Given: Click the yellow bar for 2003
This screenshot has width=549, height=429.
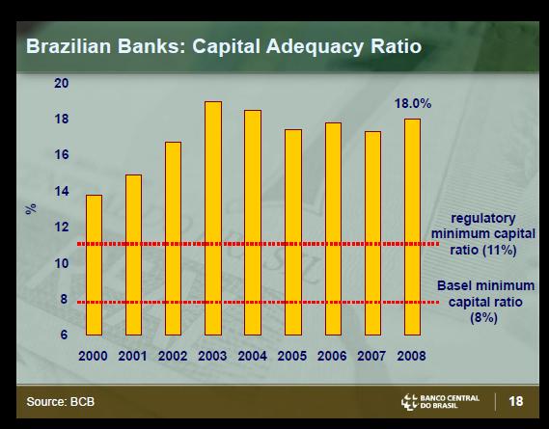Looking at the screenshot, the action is (x=213, y=218).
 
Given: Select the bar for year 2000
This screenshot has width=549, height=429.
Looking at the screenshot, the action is (x=95, y=265).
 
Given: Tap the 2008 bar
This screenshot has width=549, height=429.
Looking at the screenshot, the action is (x=412, y=228).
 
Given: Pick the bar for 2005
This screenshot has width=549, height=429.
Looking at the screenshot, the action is (x=293, y=232).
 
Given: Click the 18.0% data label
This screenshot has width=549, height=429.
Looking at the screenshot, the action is (x=413, y=103).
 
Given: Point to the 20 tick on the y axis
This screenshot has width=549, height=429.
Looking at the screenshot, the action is (x=62, y=83).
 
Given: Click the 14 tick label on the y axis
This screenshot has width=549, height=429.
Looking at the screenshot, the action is (x=62, y=192).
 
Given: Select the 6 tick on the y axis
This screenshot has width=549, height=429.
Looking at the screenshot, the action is (x=64, y=335).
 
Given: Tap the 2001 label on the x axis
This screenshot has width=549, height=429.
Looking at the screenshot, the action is (x=132, y=356).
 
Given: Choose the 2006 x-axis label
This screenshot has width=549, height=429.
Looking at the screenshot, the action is (x=332, y=356).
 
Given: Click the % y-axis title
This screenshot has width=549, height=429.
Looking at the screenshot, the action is (x=31, y=208).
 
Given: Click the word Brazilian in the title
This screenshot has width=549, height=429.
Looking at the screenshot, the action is (x=69, y=46).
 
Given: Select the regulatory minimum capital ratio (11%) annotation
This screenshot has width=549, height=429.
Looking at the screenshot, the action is (x=483, y=233).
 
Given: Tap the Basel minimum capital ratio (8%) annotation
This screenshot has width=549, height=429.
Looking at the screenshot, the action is (x=485, y=302).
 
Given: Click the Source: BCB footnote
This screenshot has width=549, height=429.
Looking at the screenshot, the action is (x=61, y=401).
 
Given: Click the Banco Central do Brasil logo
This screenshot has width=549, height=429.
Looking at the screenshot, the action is (x=440, y=402).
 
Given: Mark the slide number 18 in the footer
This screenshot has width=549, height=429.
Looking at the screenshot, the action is (x=516, y=401).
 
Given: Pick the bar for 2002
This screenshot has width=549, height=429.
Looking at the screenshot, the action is (x=173, y=239).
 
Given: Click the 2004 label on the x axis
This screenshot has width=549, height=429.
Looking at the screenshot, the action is (x=252, y=356).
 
